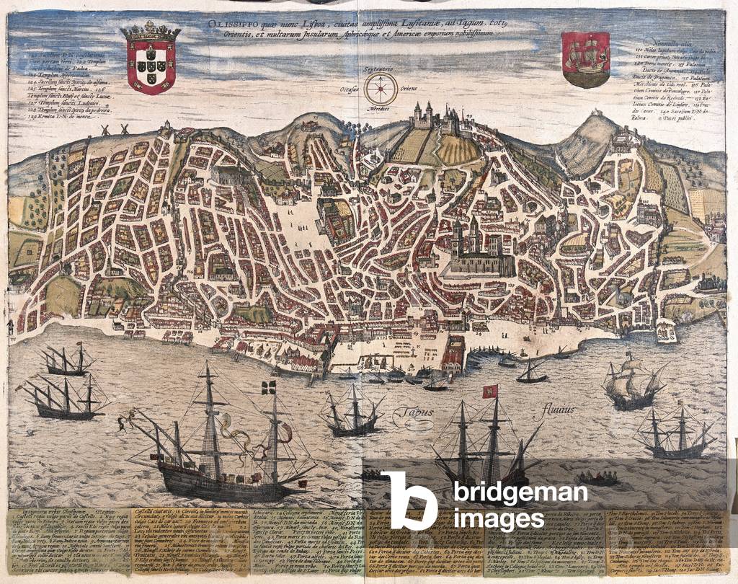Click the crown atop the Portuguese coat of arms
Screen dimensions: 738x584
click(151, 32)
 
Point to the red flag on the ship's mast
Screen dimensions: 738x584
click(490, 391)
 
